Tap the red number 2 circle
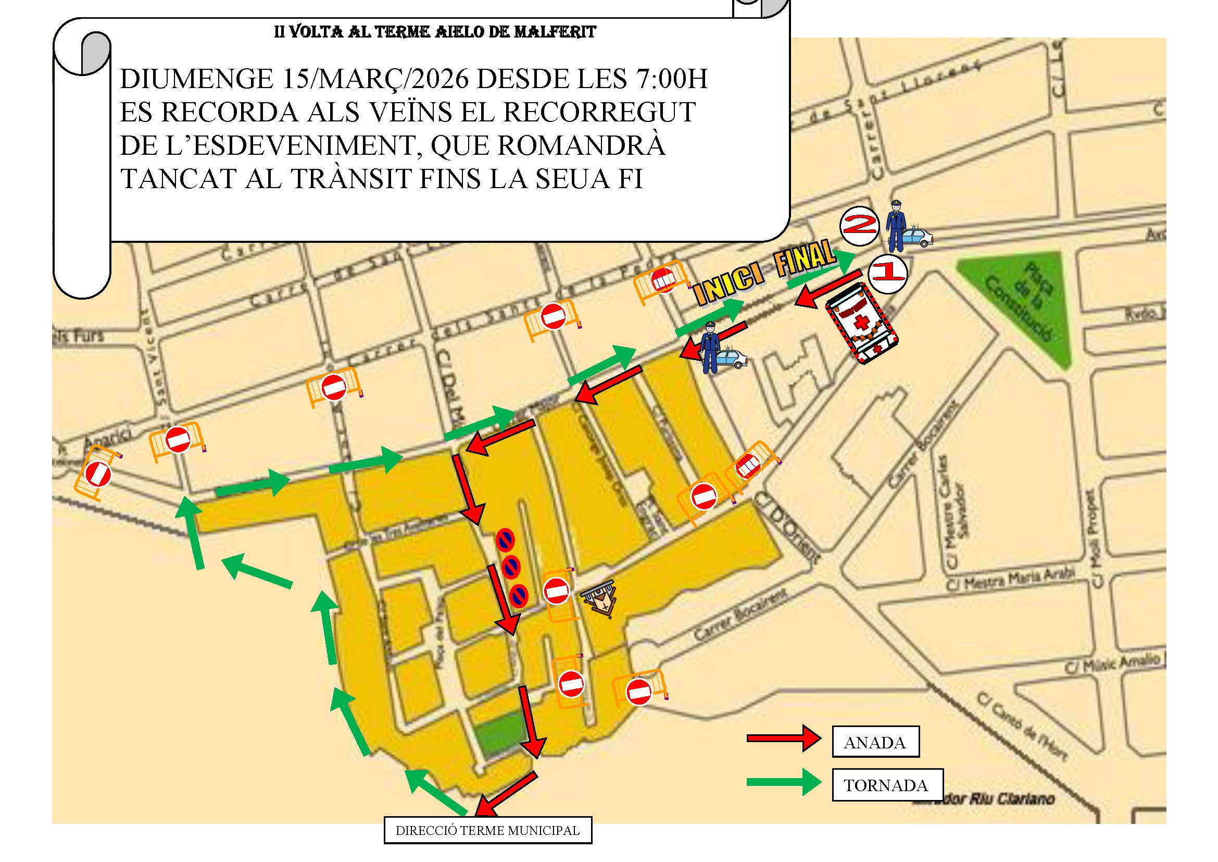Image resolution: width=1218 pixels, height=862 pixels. click(859, 226)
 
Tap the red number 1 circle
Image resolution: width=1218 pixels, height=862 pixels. click(887, 274)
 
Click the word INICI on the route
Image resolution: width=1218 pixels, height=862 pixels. click(730, 286)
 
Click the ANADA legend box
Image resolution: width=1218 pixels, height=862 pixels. click(875, 742)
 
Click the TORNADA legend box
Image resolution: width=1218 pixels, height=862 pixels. click(886, 785)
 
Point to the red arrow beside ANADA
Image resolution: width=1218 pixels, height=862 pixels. click(784, 738)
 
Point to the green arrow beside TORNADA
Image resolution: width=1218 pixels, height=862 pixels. click(784, 782)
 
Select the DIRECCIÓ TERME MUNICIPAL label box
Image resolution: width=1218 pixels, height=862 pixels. click(487, 830)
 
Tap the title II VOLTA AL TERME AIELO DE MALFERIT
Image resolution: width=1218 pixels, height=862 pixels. click(435, 32)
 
